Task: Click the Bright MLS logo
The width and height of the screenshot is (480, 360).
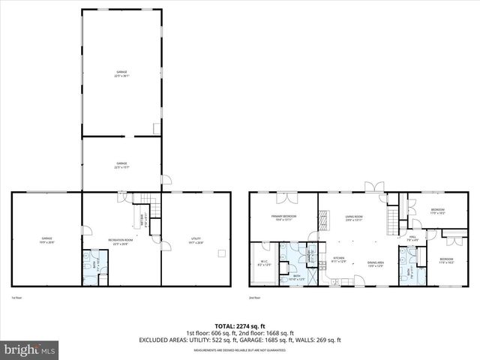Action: pos(30,349)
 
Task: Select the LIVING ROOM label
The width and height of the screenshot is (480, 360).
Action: pos(354,217)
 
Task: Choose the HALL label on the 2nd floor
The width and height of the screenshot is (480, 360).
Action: pos(412,238)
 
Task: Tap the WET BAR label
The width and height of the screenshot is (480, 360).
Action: pos(142,221)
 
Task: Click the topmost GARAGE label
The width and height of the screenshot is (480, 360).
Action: pos(121,73)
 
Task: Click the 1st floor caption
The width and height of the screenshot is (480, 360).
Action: pos(16,297)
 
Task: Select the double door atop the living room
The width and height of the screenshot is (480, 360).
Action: pos(373,187)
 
